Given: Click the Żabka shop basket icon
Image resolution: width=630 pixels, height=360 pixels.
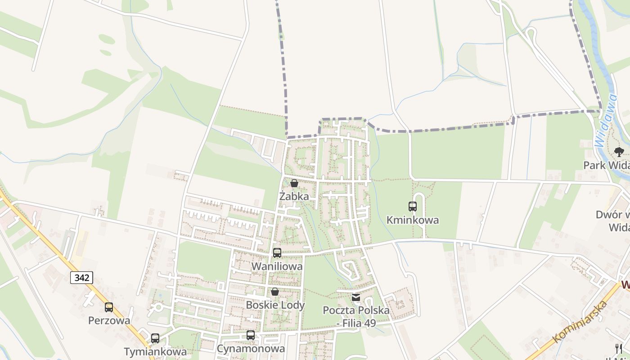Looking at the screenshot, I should coord(294,183).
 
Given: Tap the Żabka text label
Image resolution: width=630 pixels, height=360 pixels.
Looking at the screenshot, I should coord(294,197).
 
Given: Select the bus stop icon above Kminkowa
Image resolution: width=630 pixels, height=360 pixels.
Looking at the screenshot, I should coord(413,207).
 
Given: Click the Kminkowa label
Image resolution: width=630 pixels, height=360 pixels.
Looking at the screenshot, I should coord(413,220).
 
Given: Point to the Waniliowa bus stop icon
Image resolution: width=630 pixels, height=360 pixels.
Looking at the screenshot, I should coord(277,253).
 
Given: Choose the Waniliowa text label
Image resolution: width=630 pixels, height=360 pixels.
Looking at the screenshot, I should coord(277,266).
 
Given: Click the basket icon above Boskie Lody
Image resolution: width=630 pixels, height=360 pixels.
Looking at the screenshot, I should coord(275,292).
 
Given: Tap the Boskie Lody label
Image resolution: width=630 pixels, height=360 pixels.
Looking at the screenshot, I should coord(275,305).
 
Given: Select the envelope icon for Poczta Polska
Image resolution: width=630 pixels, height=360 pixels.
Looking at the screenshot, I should coord(356,297).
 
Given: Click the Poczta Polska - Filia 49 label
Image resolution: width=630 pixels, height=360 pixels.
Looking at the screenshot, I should coord(356,317).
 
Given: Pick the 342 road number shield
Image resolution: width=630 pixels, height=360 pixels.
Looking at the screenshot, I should coord(81,278).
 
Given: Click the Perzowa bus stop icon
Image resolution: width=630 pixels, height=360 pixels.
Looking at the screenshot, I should coord(109,307).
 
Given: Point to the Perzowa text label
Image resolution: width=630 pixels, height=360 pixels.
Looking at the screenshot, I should coord(109,321).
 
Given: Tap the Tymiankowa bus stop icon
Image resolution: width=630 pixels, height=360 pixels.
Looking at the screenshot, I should coord(155,338).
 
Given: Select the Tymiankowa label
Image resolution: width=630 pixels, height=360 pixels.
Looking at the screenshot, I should coord(155,351).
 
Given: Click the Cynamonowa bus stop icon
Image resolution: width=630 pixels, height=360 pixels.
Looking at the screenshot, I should coord(251,335).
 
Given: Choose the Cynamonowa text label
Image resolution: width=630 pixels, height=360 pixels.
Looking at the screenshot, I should coord(251,349).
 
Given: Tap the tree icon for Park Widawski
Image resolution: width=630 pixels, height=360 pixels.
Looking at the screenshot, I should coord(619,152).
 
